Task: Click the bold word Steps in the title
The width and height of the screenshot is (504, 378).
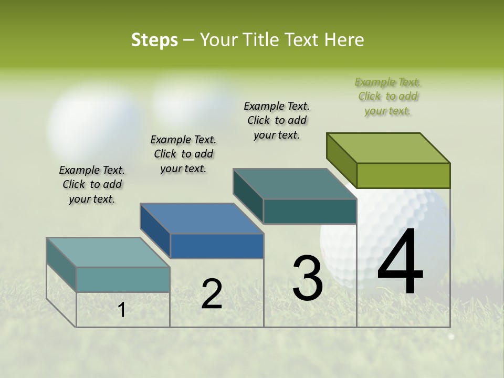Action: pos(154,40)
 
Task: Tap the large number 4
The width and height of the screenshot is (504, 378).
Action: pos(400,262)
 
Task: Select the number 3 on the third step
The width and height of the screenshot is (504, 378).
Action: pos(307,278)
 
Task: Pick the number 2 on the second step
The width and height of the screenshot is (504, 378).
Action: pos(212,294)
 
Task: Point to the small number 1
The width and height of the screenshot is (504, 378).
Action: pos(122,310)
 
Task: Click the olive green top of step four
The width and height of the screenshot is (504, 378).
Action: pos(388,148)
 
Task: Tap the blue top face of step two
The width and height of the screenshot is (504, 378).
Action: pos(202,218)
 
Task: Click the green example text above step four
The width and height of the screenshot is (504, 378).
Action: pos(388,97)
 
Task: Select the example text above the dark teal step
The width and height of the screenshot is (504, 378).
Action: pos(277,120)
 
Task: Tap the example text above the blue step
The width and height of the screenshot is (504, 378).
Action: pos(183,154)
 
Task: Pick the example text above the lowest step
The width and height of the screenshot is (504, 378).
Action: pos(92,184)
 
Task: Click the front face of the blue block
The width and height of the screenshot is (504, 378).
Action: pos(217,246)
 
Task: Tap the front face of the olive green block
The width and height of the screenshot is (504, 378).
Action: pos(403,175)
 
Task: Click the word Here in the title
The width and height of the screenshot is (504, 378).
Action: pos(346,40)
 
